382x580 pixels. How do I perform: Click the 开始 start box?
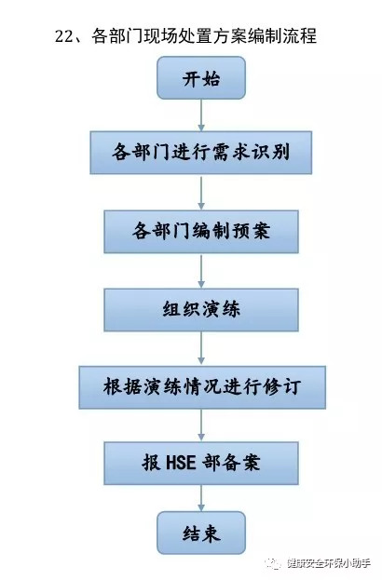pyautogui.click(x=201, y=77)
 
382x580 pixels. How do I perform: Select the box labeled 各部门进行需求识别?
pyautogui.click(x=201, y=153)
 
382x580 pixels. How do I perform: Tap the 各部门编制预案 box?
pyautogui.click(x=201, y=232)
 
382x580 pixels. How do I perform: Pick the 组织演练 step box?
pyautogui.click(x=201, y=310)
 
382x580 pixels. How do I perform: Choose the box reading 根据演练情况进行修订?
pyautogui.click(x=202, y=387)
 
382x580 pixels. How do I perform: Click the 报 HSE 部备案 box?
pyautogui.click(x=201, y=463)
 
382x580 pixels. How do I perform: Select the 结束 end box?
pyautogui.click(x=201, y=533)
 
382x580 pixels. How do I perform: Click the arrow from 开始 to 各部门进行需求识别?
pyautogui.click(x=201, y=115)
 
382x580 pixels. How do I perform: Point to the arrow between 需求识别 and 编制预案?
pyautogui.click(x=201, y=193)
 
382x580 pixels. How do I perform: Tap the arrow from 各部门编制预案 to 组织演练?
pyautogui.click(x=201, y=271)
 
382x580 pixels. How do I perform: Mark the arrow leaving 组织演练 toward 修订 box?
pyautogui.click(x=201, y=349)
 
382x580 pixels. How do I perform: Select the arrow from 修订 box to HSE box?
pyautogui.click(x=201, y=425)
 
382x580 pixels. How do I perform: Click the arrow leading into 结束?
pyautogui.click(x=201, y=498)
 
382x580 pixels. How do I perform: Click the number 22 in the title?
pyautogui.click(x=64, y=36)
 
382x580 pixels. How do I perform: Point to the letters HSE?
pyautogui.click(x=181, y=463)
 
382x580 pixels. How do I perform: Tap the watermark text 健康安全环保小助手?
pyautogui.click(x=329, y=563)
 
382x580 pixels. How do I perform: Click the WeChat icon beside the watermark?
pyautogui.click(x=274, y=564)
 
